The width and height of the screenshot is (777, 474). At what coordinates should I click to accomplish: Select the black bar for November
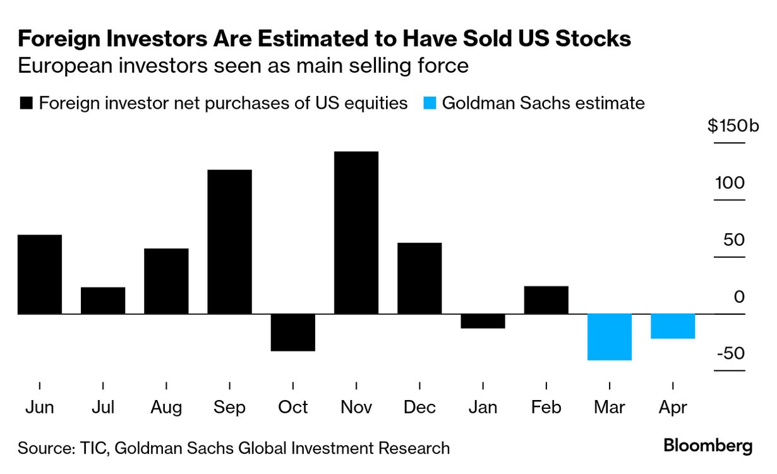tap(356, 233)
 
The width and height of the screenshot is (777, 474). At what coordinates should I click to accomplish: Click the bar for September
tap(229, 241)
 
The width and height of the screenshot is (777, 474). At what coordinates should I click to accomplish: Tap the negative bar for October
tap(293, 332)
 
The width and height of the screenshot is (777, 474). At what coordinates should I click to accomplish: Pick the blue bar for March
tap(610, 337)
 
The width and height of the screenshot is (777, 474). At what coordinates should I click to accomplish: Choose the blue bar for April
tap(673, 326)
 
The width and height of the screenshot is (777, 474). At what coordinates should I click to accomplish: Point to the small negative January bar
tap(483, 321)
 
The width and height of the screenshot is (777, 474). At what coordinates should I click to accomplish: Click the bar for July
tap(103, 301)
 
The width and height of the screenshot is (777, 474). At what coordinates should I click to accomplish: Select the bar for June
tap(40, 274)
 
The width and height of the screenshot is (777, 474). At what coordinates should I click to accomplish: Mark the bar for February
tap(546, 300)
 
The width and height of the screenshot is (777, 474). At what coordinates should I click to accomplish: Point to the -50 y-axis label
tap(731, 353)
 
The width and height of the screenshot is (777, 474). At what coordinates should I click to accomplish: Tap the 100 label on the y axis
tap(730, 183)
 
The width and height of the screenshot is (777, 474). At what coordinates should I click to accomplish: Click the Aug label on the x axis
tap(166, 408)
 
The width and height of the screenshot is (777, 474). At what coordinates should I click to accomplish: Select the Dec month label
tap(419, 408)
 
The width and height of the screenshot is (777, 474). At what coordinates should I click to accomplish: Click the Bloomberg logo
tap(708, 446)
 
